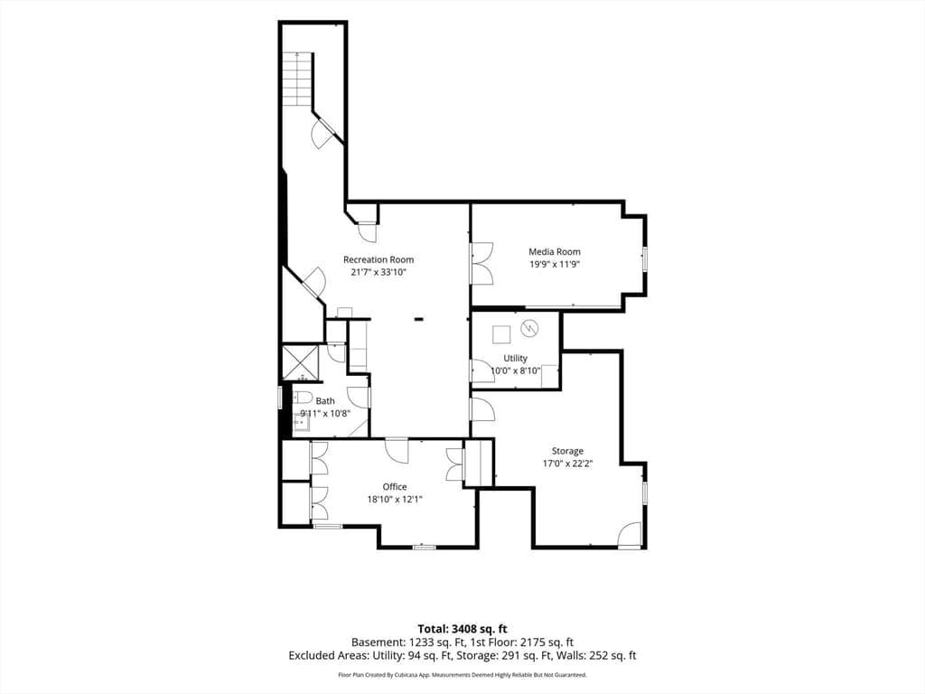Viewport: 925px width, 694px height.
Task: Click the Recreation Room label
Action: pyautogui.click(x=378, y=259)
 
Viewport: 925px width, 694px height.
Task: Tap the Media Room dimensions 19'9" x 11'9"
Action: pyautogui.click(x=554, y=265)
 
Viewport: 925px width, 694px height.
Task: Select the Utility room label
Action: pyautogui.click(x=515, y=358)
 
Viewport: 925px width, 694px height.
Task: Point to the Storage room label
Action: pyautogui.click(x=567, y=451)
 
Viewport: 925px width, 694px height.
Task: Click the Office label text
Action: pyautogui.click(x=395, y=487)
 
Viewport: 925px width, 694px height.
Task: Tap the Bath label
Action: pyautogui.click(x=325, y=400)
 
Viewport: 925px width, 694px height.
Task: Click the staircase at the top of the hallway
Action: pyautogui.click(x=296, y=80)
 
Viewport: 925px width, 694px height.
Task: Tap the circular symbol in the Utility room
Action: pyautogui.click(x=529, y=329)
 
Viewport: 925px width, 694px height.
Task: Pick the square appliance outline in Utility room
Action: pyautogui.click(x=501, y=334)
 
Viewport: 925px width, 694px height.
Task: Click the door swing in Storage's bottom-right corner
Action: pyautogui.click(x=630, y=535)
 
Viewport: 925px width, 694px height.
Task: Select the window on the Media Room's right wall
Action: pyautogui.click(x=645, y=259)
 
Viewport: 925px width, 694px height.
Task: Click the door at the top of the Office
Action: pyautogui.click(x=397, y=451)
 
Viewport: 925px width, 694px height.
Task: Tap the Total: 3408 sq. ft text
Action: pyautogui.click(x=462, y=629)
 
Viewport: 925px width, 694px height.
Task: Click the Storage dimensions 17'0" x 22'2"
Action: pyautogui.click(x=567, y=464)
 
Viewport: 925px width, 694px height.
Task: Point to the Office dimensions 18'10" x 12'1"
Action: pyautogui.click(x=395, y=499)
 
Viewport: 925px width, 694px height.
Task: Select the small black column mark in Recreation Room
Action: pyautogui.click(x=419, y=319)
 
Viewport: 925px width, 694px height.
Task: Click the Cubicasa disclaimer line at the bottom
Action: pyautogui.click(x=462, y=674)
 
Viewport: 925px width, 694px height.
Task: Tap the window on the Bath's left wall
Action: pyautogui.click(x=280, y=398)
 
